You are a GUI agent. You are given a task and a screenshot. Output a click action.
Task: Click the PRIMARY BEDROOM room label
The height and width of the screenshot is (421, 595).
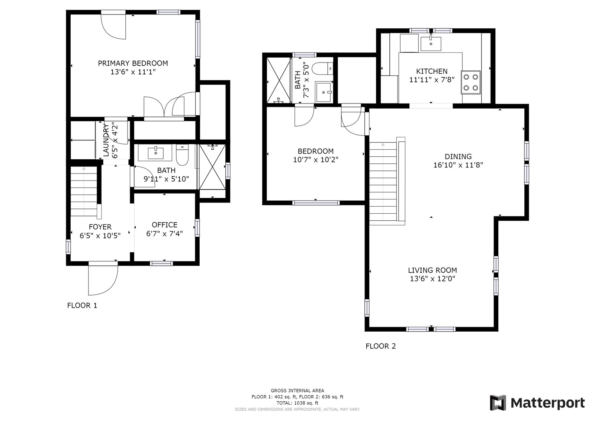[x=133, y=63]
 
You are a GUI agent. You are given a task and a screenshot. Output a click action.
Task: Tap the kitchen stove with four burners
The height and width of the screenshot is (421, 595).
[x=471, y=82]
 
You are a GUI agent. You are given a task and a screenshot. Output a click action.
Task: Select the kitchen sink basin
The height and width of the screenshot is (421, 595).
[x=431, y=44]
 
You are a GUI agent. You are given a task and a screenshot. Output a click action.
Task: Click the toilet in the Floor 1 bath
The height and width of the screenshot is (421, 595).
[x=182, y=155]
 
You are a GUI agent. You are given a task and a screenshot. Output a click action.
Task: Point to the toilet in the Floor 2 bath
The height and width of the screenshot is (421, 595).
[x=322, y=68]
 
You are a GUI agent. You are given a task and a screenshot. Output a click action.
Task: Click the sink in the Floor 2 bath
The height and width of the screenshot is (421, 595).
[x=323, y=92]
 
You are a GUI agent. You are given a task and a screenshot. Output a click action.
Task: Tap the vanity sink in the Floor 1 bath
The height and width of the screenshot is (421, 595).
[x=155, y=153]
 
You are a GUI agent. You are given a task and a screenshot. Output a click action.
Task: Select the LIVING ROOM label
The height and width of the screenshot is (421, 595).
[x=432, y=270]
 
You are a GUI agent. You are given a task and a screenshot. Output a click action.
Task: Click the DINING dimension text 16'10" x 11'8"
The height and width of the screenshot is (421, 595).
[x=458, y=165]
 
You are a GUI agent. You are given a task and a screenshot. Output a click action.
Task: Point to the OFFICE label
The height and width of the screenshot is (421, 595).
[x=165, y=225]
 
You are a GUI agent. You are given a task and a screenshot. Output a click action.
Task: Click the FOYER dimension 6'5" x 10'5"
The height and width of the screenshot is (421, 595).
[x=100, y=236]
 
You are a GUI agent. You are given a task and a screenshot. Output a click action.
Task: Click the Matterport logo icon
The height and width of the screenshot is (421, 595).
[x=498, y=403]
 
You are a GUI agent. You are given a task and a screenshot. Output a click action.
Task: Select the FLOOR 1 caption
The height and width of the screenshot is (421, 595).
[x=82, y=306]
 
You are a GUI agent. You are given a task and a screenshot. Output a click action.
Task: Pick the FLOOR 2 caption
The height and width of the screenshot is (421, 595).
[x=381, y=346]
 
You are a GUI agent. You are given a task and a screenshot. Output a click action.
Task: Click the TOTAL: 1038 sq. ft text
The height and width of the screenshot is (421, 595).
[x=297, y=403]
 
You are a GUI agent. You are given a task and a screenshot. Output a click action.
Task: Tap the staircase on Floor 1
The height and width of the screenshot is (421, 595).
[x=84, y=191]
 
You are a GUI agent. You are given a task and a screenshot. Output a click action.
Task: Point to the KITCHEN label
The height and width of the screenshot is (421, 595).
[x=432, y=71]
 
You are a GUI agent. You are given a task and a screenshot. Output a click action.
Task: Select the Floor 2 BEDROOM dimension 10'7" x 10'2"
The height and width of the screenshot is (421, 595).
[x=316, y=160]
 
